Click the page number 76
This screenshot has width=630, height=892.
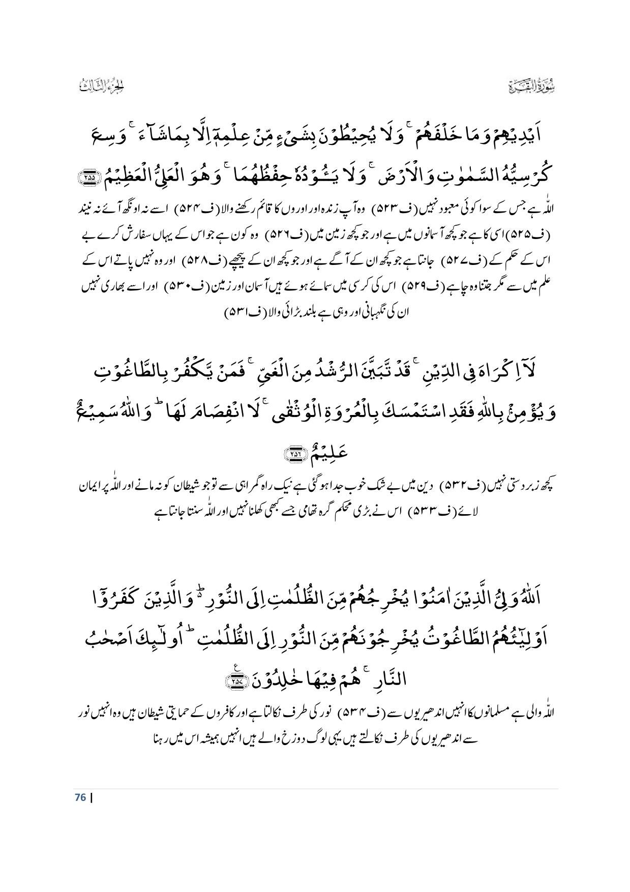79,797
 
